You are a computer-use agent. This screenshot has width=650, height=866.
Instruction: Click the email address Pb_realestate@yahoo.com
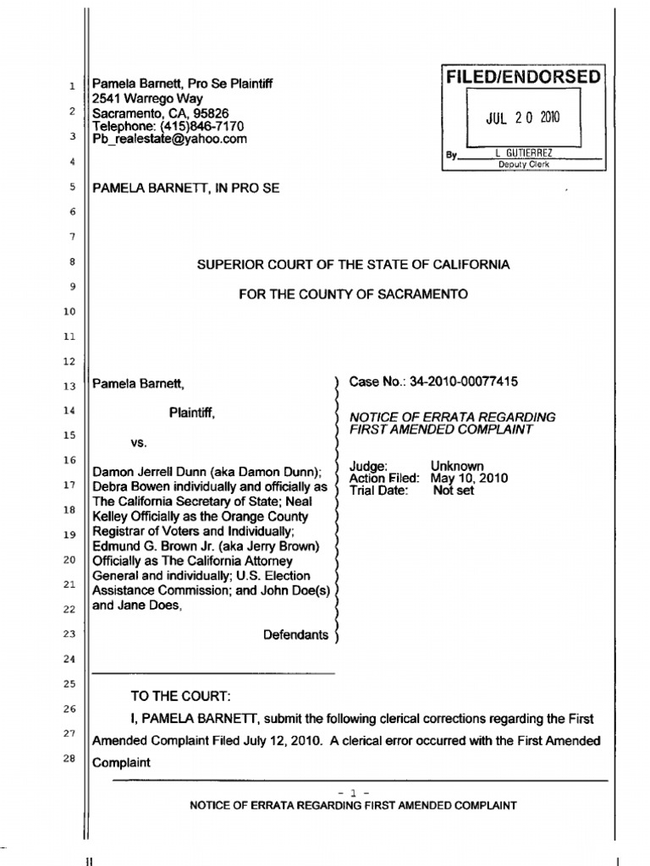point(169,140)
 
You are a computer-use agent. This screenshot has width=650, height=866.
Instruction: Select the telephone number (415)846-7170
point(196,126)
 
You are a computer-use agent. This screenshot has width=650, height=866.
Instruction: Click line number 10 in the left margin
point(69,312)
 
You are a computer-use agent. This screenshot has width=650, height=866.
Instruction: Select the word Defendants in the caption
point(295,634)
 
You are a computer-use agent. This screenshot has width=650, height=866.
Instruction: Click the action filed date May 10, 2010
point(470,478)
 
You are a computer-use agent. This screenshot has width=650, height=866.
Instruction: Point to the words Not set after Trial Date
point(454,490)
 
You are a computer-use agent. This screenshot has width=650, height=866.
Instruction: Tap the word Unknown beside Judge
point(457,466)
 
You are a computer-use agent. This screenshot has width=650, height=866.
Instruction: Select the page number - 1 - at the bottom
point(353,792)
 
